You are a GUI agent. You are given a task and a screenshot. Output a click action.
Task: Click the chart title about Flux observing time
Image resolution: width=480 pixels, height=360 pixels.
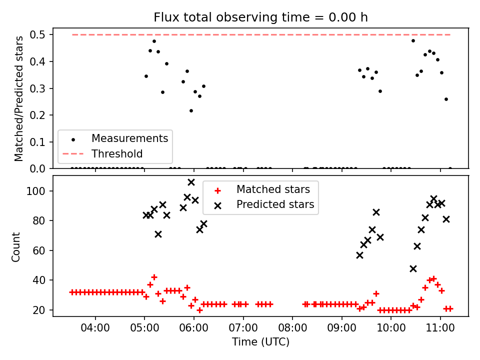tap(260, 17)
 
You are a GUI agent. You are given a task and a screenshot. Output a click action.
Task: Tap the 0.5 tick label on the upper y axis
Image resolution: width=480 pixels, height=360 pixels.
tap(37, 35)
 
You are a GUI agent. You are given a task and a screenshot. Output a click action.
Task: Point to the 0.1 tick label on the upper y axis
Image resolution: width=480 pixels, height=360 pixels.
tap(37, 142)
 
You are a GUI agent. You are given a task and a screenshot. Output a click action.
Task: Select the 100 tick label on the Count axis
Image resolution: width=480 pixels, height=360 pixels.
tap(36, 191)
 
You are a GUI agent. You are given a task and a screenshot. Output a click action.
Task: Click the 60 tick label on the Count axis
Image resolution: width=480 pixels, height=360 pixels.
tap(39, 250)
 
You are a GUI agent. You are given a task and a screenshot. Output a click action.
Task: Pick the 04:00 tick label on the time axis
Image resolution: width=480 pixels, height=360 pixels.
tap(95, 328)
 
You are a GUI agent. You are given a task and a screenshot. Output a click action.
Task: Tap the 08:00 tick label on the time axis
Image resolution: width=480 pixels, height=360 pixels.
tap(292, 328)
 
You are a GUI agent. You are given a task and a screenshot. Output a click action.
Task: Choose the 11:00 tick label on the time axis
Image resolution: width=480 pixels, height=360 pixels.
tap(440, 328)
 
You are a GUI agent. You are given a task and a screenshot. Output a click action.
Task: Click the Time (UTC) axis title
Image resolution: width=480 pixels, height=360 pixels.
tap(260, 341)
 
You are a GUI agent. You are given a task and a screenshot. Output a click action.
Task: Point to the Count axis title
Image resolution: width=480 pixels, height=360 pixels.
tap(15, 247)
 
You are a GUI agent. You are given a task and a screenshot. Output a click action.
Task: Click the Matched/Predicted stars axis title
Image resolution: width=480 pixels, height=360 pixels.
tap(18, 98)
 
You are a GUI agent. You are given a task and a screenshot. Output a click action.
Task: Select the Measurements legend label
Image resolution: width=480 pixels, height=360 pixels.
tap(130, 138)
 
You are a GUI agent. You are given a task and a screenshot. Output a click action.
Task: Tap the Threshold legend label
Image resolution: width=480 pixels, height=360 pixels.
tap(117, 153)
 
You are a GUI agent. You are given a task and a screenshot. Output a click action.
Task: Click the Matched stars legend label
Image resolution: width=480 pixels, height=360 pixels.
tap(273, 189)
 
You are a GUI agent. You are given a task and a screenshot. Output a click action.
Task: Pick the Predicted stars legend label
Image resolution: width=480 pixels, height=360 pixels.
tap(275, 204)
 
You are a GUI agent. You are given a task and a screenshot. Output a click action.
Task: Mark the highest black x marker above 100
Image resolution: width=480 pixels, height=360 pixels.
tap(191, 182)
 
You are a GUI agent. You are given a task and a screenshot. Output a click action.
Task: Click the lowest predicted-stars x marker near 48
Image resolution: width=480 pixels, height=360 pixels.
tap(413, 269)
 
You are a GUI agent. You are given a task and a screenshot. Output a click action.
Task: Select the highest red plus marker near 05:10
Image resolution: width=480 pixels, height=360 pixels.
tap(154, 277)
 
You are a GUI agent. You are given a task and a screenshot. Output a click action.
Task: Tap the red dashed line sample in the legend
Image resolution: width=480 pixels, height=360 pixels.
tap(73, 153)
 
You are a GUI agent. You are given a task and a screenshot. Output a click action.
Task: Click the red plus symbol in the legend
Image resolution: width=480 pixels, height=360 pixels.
tap(217, 191)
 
